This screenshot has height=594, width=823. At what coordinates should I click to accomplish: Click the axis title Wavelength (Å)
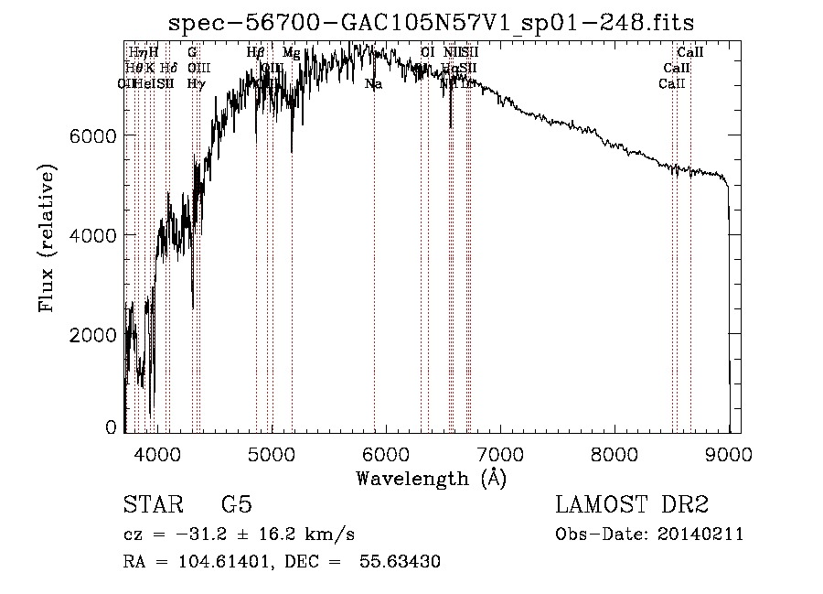click(431, 478)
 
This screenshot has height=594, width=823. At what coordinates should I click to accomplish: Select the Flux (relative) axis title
click(47, 240)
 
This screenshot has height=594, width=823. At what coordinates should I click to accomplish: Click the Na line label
click(373, 84)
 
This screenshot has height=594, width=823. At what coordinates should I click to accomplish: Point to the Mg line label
click(291, 53)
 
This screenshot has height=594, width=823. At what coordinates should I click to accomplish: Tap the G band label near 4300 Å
click(192, 53)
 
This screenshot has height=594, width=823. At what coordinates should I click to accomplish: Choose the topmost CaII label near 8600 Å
click(689, 53)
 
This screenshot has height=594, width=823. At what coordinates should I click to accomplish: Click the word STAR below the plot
click(154, 505)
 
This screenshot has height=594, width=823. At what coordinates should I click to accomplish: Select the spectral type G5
click(236, 505)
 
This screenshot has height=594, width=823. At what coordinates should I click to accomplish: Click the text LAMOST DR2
click(632, 505)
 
